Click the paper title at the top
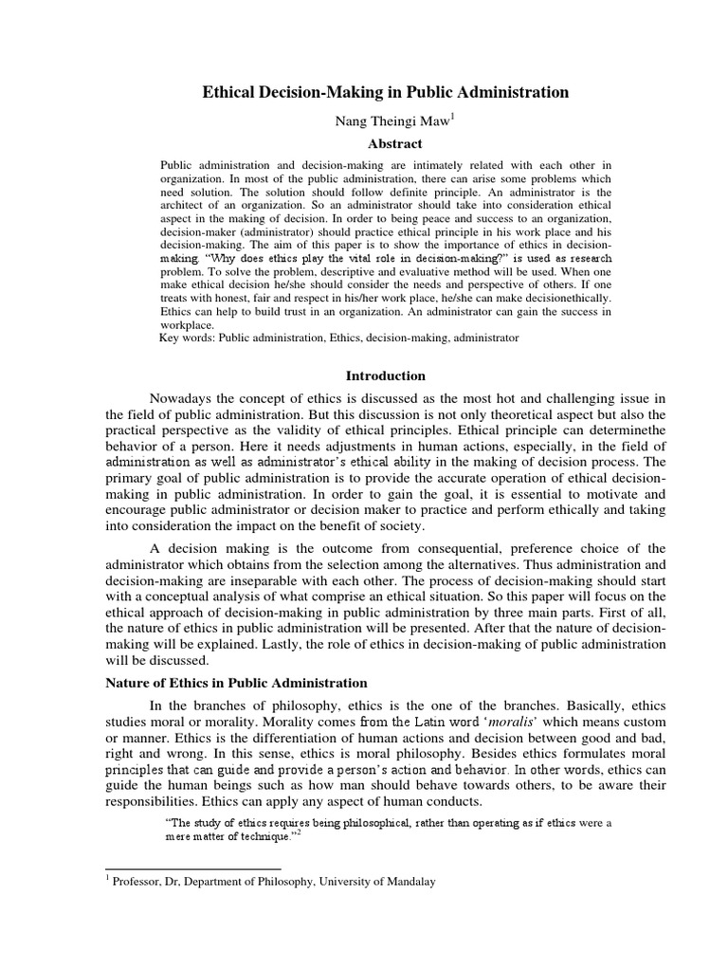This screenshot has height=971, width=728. [x=386, y=92]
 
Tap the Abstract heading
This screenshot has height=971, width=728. [x=386, y=144]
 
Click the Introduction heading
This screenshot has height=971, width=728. [x=385, y=376]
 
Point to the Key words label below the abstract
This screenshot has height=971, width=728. [x=187, y=336]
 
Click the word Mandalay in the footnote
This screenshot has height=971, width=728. [x=405, y=881]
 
